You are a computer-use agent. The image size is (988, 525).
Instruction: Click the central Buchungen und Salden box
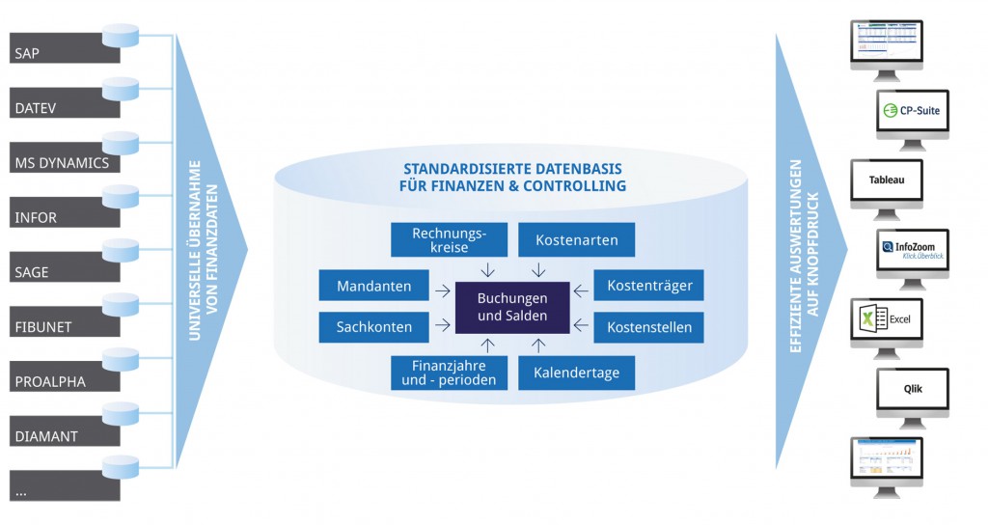[512, 307]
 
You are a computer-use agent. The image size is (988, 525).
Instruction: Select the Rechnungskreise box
[448, 240]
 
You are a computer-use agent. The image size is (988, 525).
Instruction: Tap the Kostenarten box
[576, 239]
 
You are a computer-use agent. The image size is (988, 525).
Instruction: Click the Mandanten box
[373, 287]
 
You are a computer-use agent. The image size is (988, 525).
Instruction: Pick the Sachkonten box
[373, 327]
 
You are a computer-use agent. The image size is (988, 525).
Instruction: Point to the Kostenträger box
[648, 287]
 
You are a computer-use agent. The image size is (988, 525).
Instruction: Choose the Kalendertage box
[576, 373]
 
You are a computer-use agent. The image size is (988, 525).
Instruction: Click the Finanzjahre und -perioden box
[448, 373]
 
